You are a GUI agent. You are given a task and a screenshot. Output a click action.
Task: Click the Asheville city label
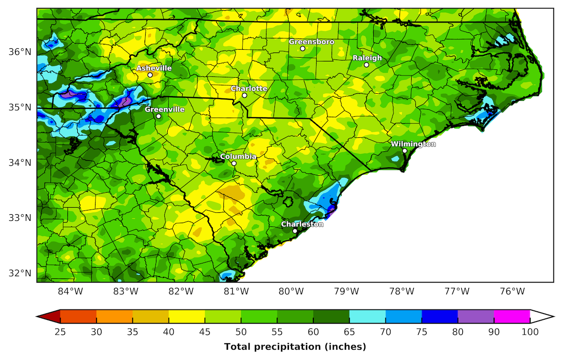point(154,68)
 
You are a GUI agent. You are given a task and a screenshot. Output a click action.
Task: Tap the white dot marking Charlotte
point(244,95)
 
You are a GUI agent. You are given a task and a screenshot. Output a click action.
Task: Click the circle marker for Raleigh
point(366,65)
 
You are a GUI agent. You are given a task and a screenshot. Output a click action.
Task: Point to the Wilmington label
point(413,144)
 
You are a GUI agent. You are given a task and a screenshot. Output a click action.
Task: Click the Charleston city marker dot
point(295,231)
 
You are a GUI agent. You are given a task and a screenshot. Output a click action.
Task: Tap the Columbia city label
point(238,157)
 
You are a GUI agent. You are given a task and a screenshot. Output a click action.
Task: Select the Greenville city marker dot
point(159,116)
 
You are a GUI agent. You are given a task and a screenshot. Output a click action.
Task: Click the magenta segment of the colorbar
point(512,317)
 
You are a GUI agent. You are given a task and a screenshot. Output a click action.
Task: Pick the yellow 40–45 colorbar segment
point(186,317)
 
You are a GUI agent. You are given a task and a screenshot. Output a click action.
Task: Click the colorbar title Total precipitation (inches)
point(295,347)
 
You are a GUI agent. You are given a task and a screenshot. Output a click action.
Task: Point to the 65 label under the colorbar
point(349,332)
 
